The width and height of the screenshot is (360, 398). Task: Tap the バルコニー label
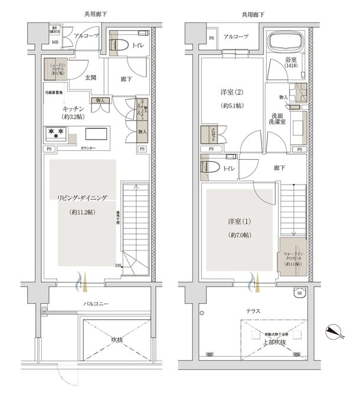point(96,304)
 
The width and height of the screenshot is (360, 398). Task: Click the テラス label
point(255,310)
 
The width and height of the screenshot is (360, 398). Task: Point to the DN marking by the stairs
point(119,266)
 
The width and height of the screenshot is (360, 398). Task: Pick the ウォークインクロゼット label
point(290,258)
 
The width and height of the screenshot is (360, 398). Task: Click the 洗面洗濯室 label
point(280,118)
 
